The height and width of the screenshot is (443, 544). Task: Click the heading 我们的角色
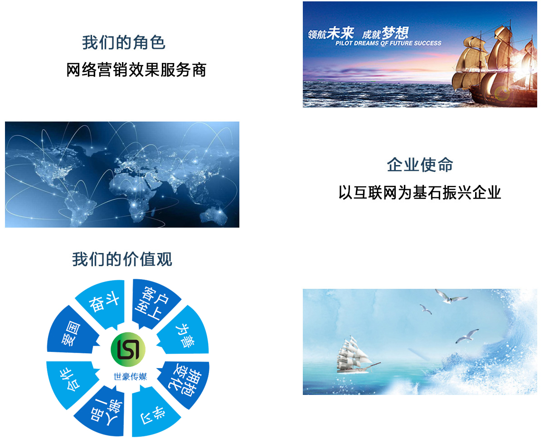click(x=124, y=43)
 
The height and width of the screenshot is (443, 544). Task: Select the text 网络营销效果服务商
click(x=136, y=69)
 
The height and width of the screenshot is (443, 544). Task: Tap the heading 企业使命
click(x=420, y=165)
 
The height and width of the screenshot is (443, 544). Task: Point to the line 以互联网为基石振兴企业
click(x=420, y=192)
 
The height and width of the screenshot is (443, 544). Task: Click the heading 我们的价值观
click(x=122, y=259)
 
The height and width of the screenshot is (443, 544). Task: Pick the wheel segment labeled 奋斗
click(x=102, y=303)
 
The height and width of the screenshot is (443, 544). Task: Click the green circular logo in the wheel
click(x=128, y=349)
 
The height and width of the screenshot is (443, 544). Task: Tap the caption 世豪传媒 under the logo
click(x=130, y=377)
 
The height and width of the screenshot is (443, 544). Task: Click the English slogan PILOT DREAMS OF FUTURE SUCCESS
click(x=388, y=43)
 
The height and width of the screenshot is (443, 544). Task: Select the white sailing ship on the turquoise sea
click(x=356, y=355)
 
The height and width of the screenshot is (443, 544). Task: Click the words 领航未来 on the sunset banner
click(x=331, y=33)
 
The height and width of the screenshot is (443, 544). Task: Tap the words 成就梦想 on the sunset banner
click(x=385, y=33)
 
